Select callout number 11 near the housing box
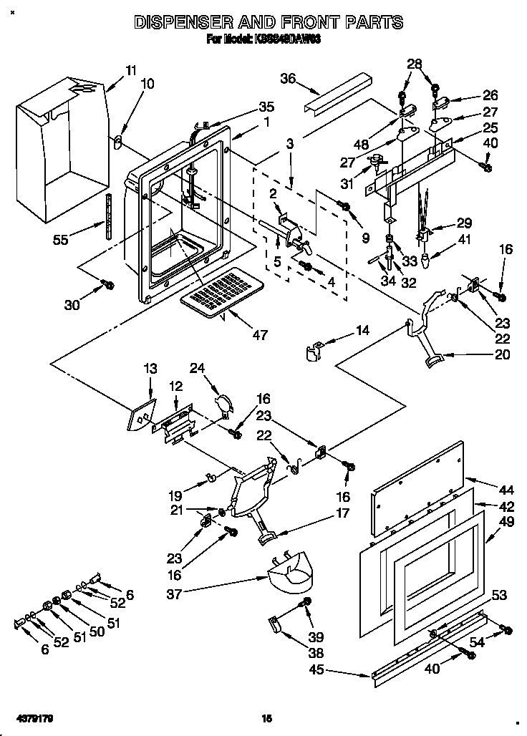pos(130,70)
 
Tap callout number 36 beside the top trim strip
pos(288,79)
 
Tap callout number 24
pos(197,369)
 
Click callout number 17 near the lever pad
pos(342,513)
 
